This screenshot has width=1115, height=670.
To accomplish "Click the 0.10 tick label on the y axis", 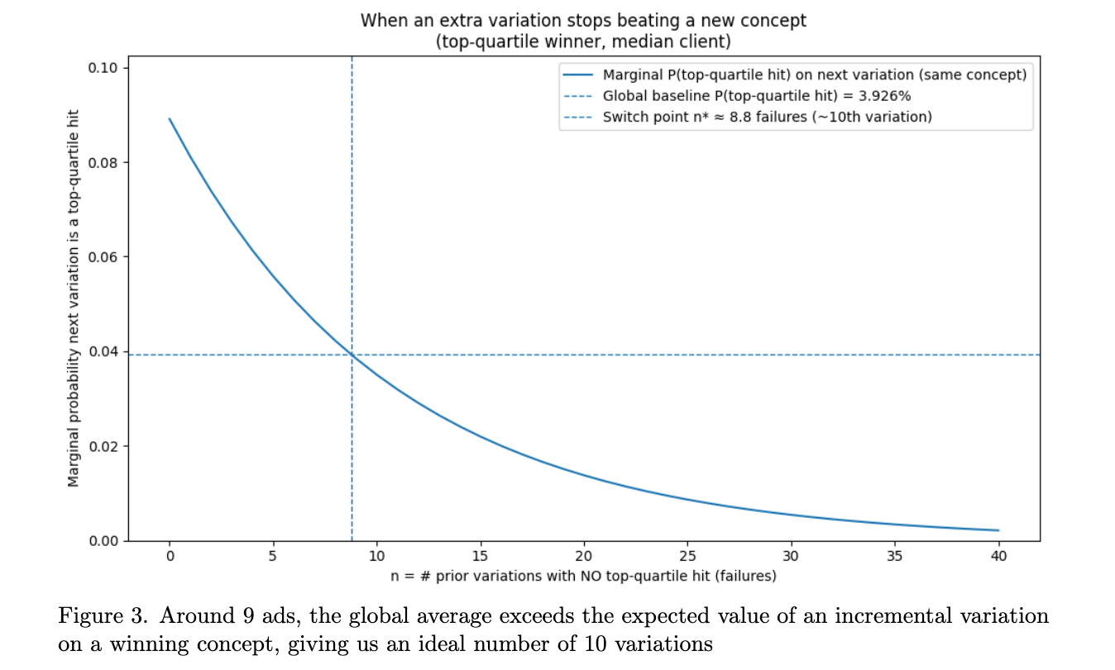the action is click(103, 68).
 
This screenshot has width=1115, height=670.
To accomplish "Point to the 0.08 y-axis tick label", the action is click(103, 163).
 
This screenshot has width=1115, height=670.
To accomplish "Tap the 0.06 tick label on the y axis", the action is click(103, 257).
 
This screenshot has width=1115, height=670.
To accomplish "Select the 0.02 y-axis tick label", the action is click(103, 446).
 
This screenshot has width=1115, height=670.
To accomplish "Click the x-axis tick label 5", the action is click(273, 556).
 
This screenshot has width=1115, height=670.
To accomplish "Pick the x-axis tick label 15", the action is click(480, 556).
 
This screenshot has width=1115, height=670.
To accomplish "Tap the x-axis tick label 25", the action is click(687, 556).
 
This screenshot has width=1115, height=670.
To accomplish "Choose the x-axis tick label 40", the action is click(998, 556).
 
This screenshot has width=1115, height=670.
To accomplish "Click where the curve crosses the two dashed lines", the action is click(352, 355).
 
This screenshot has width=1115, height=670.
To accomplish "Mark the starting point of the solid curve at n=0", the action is click(170, 119).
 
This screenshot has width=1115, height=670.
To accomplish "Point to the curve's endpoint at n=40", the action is click(998, 530).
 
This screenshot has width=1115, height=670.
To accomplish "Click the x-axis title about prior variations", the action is click(583, 576).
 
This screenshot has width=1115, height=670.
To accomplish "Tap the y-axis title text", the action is click(73, 298).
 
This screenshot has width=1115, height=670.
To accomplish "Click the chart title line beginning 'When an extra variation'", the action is click(583, 21).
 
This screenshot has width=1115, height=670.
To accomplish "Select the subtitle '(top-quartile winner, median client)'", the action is click(583, 41).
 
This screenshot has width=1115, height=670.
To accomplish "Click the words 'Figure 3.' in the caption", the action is click(103, 615).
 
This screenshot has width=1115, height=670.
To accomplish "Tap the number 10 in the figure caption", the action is click(596, 644).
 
